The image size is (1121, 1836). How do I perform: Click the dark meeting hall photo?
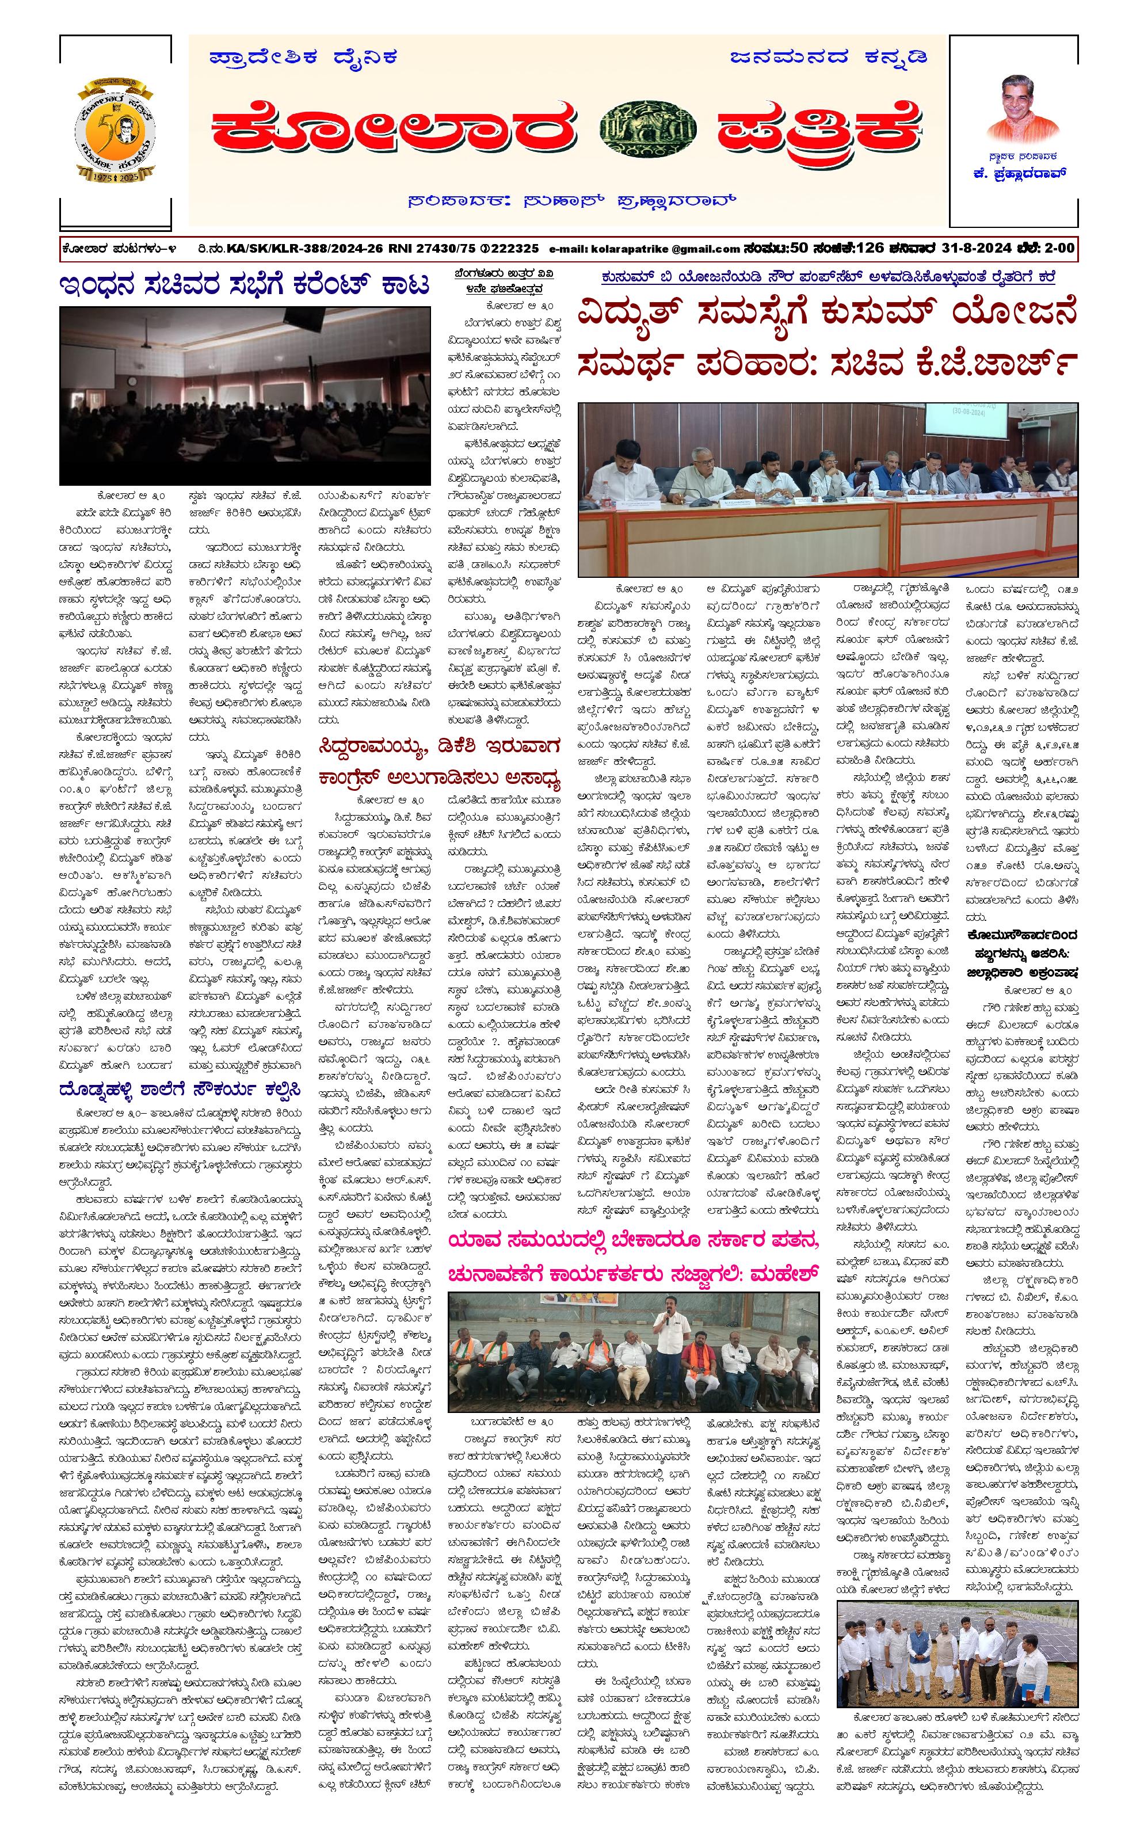[245, 395]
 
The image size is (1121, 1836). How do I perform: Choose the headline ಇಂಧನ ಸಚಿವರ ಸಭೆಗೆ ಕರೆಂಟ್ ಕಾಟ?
[245, 285]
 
